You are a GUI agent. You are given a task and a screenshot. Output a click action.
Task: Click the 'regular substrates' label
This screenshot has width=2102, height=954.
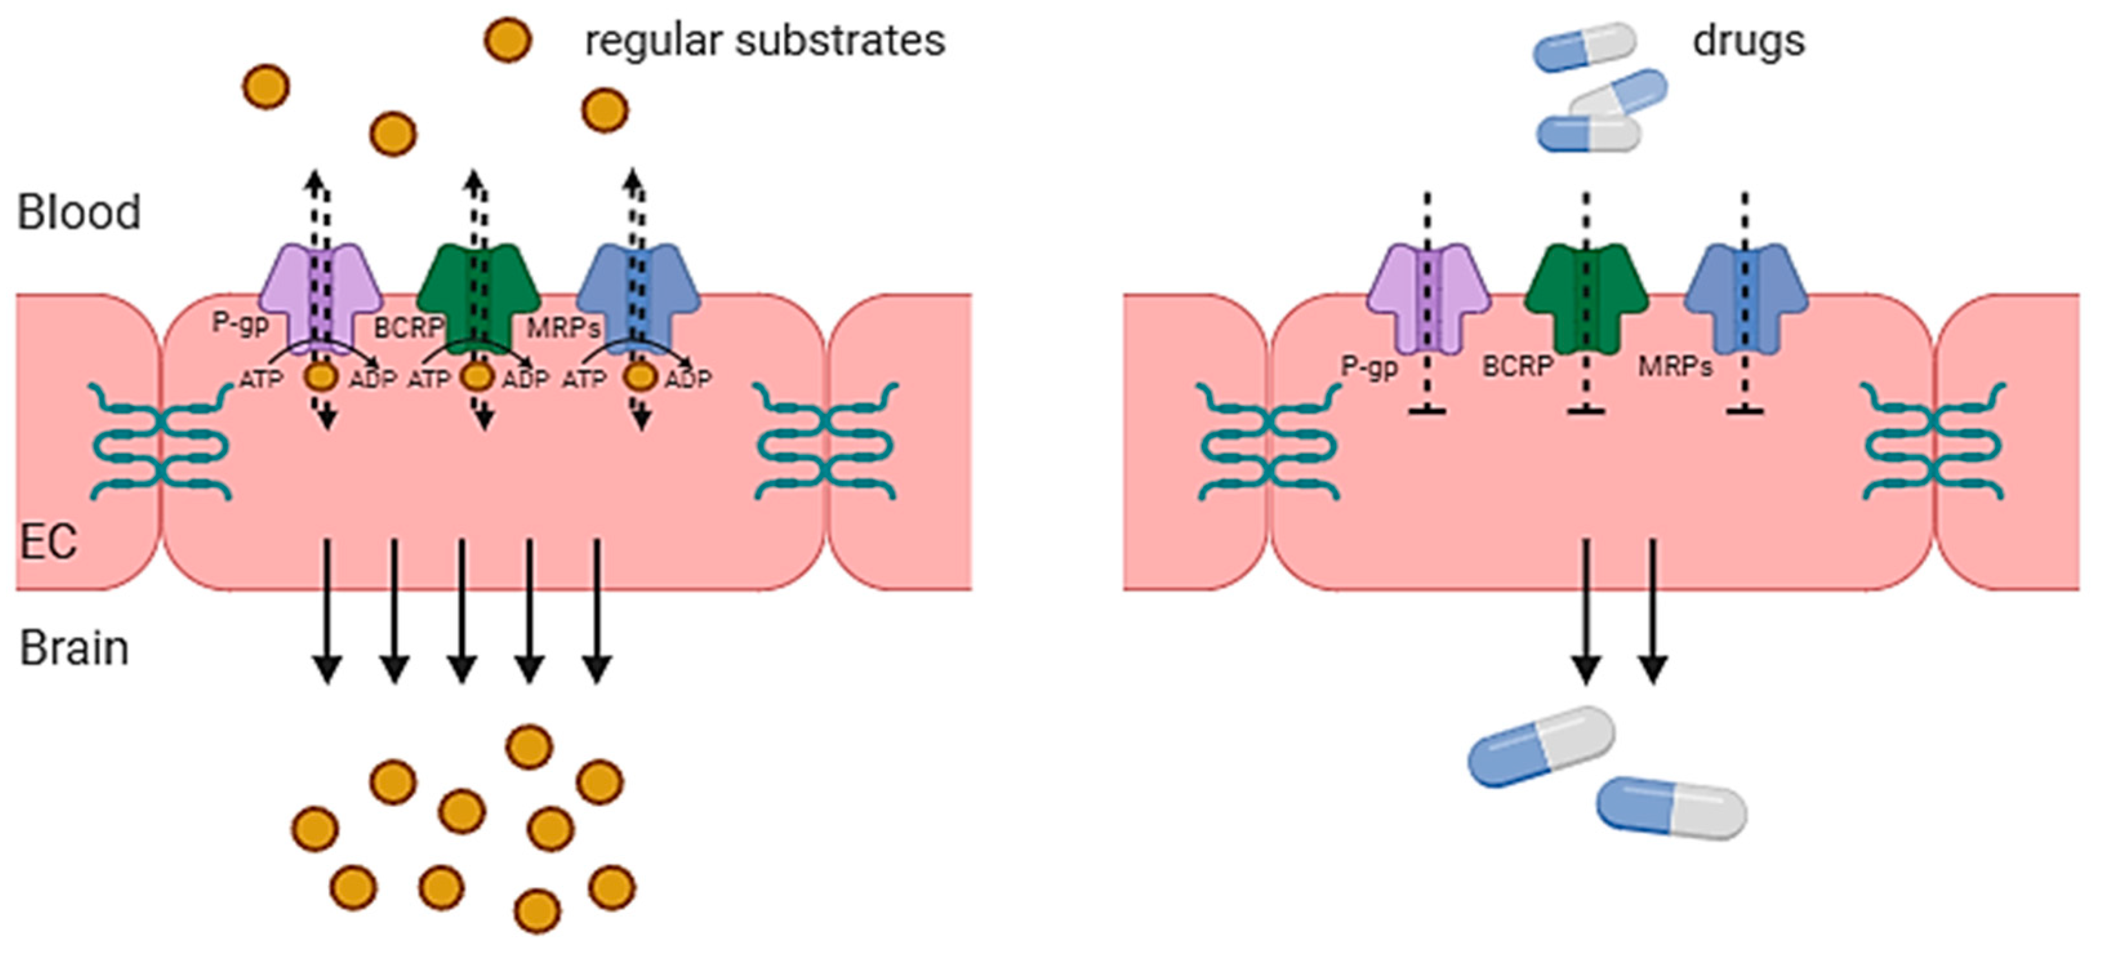(765, 41)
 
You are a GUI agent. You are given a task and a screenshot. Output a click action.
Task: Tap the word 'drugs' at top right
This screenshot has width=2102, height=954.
(1748, 41)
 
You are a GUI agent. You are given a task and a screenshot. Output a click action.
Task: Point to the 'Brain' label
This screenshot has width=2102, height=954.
(74, 649)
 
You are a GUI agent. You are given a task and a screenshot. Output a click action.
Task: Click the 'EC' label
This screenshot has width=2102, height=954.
(48, 541)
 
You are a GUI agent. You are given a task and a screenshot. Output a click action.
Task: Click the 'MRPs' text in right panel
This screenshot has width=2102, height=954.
(1675, 367)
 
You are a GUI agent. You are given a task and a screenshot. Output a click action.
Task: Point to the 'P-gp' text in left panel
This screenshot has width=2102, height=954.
(240, 323)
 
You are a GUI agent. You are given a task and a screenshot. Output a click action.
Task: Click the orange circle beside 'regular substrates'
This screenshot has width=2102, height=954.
(508, 40)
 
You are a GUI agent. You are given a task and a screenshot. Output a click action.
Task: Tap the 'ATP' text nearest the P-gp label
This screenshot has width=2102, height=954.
(261, 380)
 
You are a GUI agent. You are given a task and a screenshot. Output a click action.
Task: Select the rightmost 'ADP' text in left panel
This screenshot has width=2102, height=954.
(687, 380)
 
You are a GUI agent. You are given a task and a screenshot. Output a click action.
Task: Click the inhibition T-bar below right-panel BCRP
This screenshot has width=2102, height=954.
(1586, 411)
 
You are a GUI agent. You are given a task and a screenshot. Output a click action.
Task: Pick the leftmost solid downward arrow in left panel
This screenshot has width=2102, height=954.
(327, 612)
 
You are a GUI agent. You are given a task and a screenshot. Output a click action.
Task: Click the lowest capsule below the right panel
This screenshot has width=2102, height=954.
(1671, 808)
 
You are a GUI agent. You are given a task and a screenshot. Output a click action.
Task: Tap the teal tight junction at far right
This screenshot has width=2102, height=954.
(1933, 442)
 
